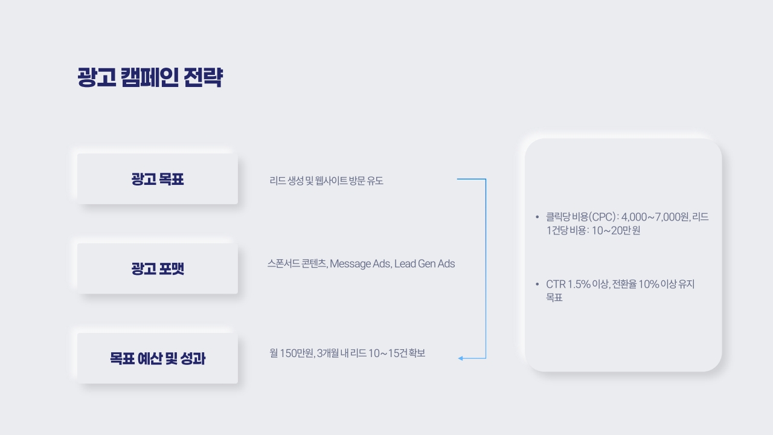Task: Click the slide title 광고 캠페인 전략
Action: coord(150,77)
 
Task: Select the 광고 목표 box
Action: coord(158,179)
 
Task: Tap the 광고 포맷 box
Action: coord(158,269)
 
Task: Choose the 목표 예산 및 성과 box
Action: coord(158,358)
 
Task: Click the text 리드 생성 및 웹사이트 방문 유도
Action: coord(326,181)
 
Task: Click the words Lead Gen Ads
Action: coord(425,264)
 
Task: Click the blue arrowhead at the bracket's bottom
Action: coord(460,358)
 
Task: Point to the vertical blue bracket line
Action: coord(486,269)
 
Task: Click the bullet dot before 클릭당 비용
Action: coord(537,217)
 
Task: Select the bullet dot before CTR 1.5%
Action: coord(537,284)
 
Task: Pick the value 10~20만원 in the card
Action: coord(616,230)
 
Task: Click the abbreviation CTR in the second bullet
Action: coord(556,284)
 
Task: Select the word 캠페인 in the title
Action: coord(150,77)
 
